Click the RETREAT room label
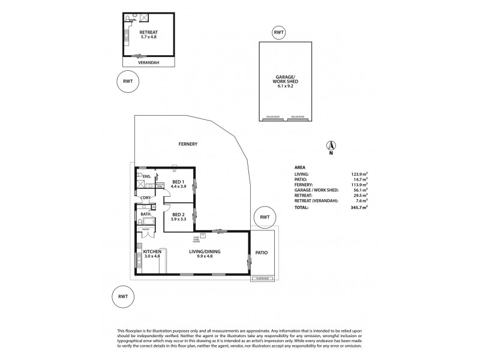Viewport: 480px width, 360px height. (x=148, y=32)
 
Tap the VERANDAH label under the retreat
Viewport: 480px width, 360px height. (x=148, y=61)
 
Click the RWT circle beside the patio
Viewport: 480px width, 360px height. (x=262, y=217)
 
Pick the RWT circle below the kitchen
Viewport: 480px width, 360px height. (x=123, y=295)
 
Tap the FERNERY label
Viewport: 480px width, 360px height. (x=188, y=144)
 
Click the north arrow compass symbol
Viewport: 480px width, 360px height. (x=330, y=145)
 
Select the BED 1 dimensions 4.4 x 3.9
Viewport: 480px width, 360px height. (x=179, y=187)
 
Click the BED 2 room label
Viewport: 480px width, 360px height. (x=179, y=215)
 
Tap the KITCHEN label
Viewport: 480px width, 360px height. (x=152, y=252)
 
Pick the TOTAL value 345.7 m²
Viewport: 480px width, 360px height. (x=359, y=207)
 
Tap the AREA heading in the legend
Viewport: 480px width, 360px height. (x=301, y=167)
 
